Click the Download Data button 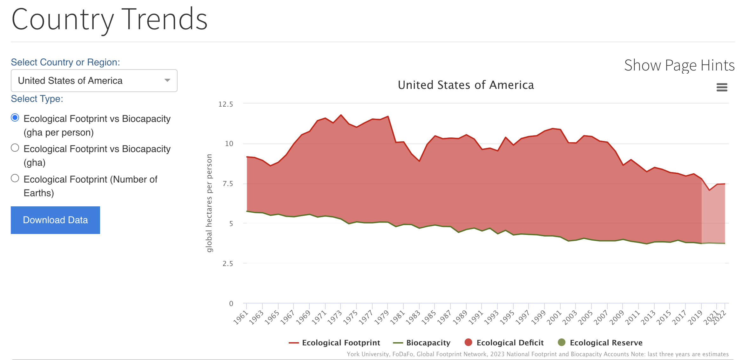coord(55,220)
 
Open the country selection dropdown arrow coord(167,80)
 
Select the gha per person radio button coord(15,118)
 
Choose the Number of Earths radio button coord(15,178)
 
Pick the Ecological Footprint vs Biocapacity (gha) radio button coord(15,148)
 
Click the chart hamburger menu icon coord(722,87)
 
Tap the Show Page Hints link coord(679,65)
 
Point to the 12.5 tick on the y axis coord(226,104)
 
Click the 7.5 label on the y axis coord(227,184)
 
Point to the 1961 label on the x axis coord(240,317)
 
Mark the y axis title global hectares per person coord(209,203)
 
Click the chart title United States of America coord(466,85)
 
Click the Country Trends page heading coord(110,20)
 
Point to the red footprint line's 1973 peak coord(341,115)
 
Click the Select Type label coord(37,99)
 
